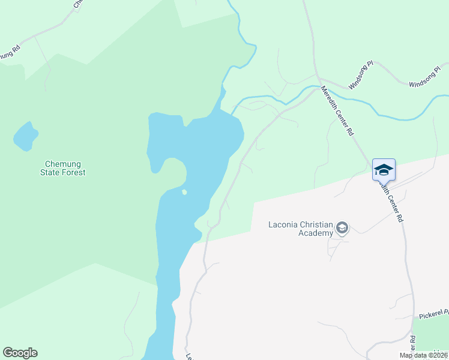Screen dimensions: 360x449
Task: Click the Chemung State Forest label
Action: [x=65, y=168]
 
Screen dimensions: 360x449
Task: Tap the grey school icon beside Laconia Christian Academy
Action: [x=342, y=227]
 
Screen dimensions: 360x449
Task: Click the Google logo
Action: [x=20, y=353]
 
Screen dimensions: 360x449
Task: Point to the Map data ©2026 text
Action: [x=423, y=355]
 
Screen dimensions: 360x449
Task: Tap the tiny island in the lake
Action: [x=184, y=192]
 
